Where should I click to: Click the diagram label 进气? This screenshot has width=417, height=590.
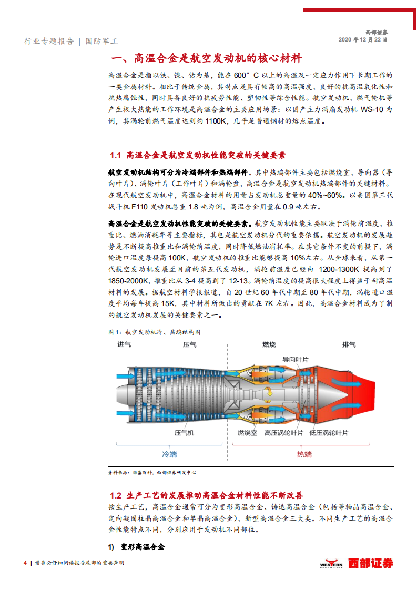124,344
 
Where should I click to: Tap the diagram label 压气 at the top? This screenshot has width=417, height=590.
189,344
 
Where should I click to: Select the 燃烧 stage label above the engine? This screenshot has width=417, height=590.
269,344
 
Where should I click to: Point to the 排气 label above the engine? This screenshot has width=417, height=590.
349,344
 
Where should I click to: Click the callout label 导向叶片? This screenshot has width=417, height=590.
296,360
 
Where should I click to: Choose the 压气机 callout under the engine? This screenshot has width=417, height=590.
184,433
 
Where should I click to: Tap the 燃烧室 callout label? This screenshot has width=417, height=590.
247,433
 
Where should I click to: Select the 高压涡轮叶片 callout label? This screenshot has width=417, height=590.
284,433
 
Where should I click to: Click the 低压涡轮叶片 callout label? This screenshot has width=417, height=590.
329,433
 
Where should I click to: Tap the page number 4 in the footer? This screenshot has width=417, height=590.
25,563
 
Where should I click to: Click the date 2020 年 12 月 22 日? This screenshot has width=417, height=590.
363,39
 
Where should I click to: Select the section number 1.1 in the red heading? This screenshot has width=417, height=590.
115,155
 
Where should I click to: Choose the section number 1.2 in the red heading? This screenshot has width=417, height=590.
115,495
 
